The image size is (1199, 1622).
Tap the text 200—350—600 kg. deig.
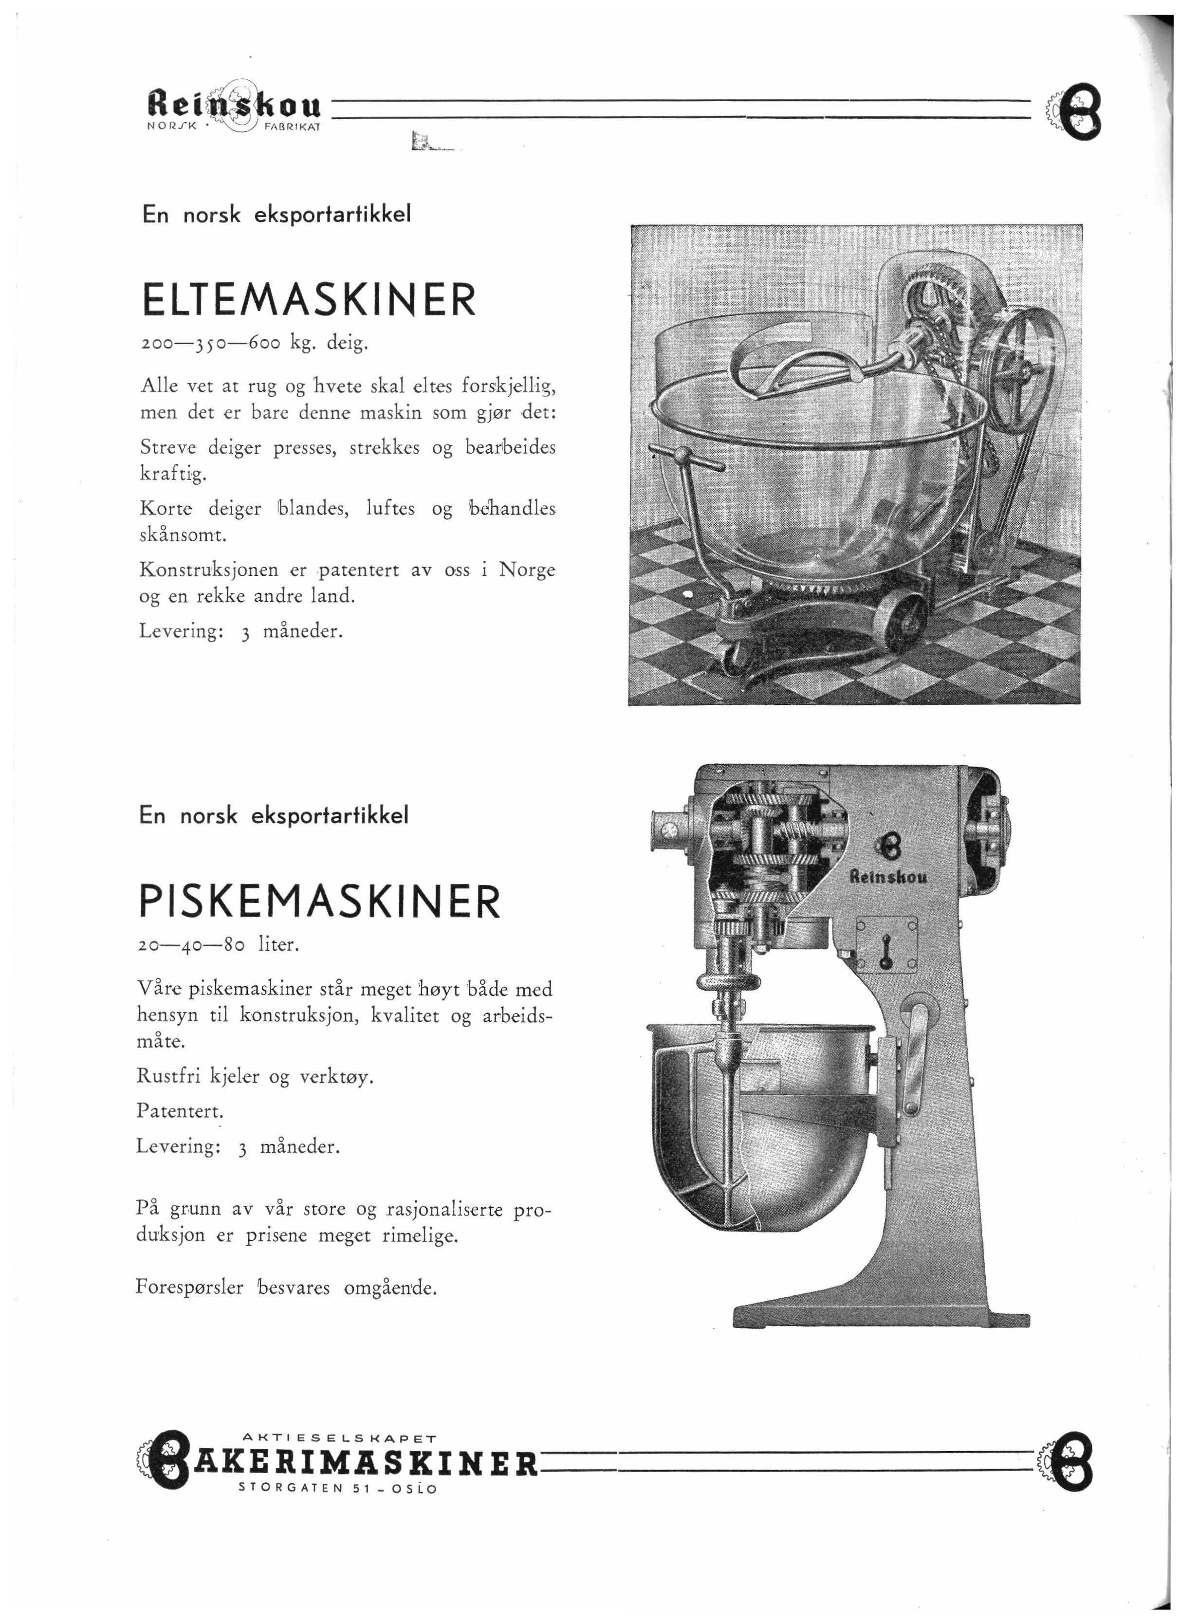[256, 343]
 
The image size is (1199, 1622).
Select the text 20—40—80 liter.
[218, 945]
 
